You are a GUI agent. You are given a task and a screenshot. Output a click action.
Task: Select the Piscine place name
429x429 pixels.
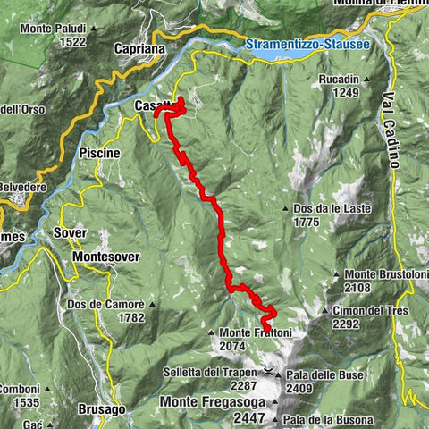(x=99, y=153)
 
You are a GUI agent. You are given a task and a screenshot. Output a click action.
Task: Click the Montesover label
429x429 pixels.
(x=105, y=257)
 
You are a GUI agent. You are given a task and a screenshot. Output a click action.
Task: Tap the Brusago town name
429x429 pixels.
(x=101, y=408)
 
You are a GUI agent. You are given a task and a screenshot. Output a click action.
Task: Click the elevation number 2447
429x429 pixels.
(x=249, y=417)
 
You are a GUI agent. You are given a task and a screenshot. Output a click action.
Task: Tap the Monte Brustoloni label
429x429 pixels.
(x=385, y=274)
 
